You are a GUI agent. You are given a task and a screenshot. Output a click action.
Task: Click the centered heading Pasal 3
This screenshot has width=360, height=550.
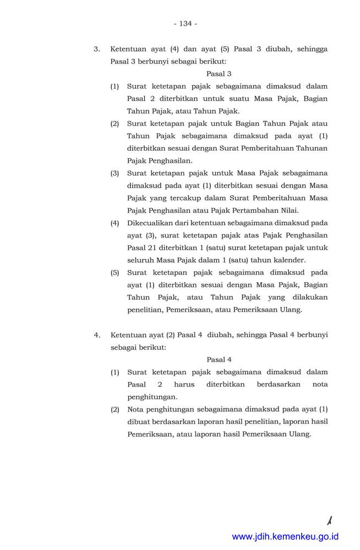pos(219,73)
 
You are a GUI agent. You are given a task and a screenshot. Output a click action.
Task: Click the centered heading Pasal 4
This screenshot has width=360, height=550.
pos(219,360)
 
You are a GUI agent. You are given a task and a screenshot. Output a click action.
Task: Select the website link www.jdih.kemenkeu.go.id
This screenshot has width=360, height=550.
pos(285,536)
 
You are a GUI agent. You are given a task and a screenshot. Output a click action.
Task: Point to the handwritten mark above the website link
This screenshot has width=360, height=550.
pos(330,519)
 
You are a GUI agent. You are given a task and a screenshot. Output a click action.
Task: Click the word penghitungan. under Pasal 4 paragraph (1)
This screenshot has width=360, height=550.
pos(152,396)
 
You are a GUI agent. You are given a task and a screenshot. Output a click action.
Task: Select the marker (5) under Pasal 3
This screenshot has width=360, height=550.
pos(114,272)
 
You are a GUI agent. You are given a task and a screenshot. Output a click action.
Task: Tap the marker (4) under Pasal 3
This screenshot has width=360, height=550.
pos(114,223)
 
